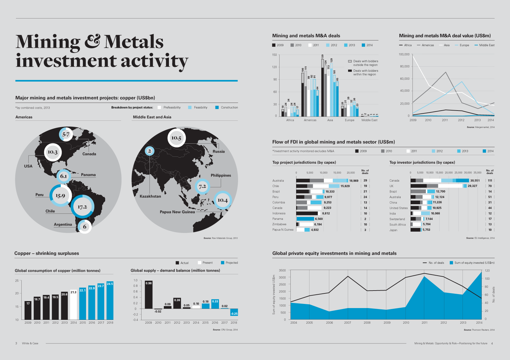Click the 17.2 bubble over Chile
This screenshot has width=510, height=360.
[x=82, y=207]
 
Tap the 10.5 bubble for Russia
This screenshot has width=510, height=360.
[x=176, y=138]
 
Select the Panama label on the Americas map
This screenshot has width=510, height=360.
[x=88, y=175]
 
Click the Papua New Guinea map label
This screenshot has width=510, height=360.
[x=177, y=212]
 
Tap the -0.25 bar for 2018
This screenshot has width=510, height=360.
[x=234, y=312]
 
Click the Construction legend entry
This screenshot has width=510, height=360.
[x=229, y=108]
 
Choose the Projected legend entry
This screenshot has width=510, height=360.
[x=231, y=263]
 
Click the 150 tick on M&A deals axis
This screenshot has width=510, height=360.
[x=274, y=55]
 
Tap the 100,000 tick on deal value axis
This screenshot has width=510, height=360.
[x=404, y=54]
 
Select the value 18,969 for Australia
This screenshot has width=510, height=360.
[x=354, y=181]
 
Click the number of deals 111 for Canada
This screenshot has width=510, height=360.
[x=490, y=181]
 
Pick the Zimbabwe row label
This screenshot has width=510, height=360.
[x=279, y=224]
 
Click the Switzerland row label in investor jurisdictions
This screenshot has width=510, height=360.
[x=397, y=219]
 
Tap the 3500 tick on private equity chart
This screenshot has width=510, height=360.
[x=282, y=270]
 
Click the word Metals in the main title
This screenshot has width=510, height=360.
[x=134, y=42]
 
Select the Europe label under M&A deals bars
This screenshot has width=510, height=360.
[x=350, y=120]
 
